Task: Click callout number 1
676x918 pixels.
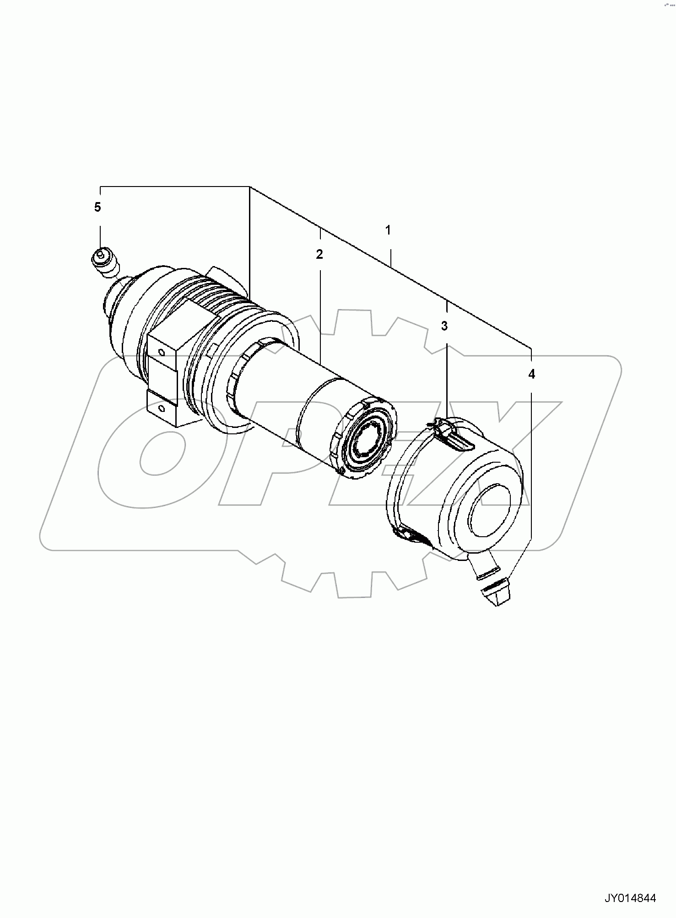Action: pyautogui.click(x=388, y=230)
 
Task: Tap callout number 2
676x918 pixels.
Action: pyautogui.click(x=319, y=254)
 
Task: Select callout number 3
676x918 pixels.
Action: pyautogui.click(x=444, y=326)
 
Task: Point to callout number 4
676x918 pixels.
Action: pyautogui.click(x=531, y=374)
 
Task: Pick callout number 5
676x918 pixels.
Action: pyautogui.click(x=97, y=207)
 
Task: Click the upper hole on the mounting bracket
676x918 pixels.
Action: pyautogui.click(x=161, y=352)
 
